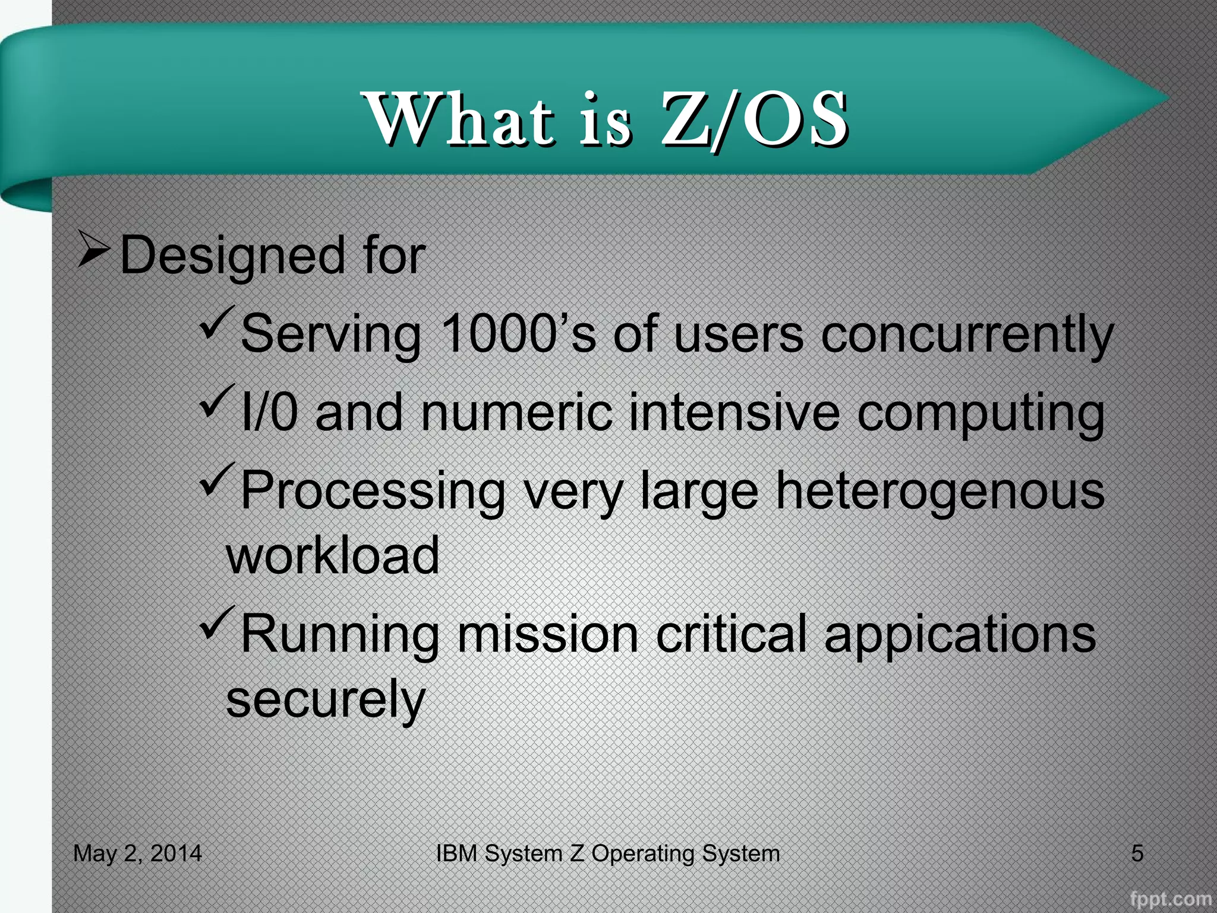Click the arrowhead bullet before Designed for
pyautogui.click(x=93, y=249)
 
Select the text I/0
pyautogui.click(x=269, y=412)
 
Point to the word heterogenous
pyautogui.click(x=940, y=492)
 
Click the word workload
pyautogui.click(x=333, y=555)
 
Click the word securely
pyautogui.click(x=326, y=700)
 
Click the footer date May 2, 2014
pyautogui.click(x=137, y=854)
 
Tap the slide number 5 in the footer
pyautogui.click(x=1137, y=854)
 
